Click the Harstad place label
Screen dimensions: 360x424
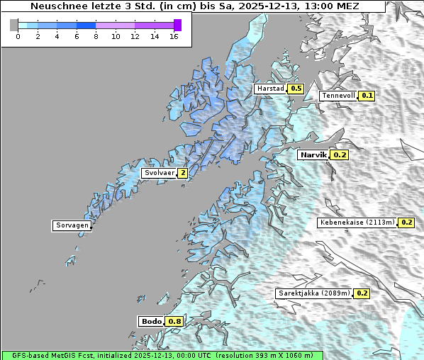tap(270, 89)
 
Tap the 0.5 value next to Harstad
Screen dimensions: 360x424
tap(296, 89)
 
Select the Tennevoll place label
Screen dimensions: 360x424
tap(338, 96)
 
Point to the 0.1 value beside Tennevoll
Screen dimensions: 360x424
tap(367, 96)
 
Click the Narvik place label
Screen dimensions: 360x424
tap(313, 154)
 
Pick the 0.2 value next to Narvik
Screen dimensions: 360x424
tap(340, 154)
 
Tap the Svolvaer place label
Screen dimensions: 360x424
tap(159, 173)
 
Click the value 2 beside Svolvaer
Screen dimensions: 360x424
tap(183, 173)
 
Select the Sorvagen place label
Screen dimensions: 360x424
tap(72, 226)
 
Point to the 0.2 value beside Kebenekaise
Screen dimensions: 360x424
tap(406, 223)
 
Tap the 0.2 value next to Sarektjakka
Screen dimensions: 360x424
tap(362, 293)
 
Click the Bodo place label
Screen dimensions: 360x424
tap(152, 322)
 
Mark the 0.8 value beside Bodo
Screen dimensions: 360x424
tap(174, 322)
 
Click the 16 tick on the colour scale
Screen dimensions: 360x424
tap(174, 37)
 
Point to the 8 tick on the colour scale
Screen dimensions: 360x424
tap(96, 37)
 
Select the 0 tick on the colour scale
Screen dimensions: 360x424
tap(18, 37)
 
